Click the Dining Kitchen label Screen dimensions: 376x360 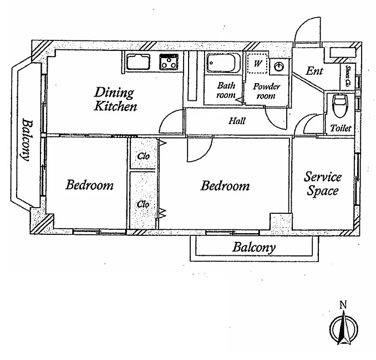coord(115,99)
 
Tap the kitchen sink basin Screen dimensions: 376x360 coord(138,62)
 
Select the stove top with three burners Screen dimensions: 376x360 coord(169,62)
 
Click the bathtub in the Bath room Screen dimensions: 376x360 coord(223,63)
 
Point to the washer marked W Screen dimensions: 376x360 coord(257,64)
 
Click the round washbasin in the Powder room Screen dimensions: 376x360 coord(279,66)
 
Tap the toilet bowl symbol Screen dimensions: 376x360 coord(341,105)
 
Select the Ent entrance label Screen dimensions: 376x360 coord(314,71)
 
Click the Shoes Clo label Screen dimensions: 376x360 coord(348,76)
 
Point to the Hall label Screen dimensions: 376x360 coord(237,121)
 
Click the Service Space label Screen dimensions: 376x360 coord(323,184)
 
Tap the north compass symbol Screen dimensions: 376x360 coord(344,327)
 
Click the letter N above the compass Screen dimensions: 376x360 coord(343,305)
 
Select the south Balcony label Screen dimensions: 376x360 coord(254,248)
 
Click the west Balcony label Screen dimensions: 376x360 coord(26,140)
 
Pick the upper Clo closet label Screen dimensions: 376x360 coord(144,156)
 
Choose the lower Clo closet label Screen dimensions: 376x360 coord(143,204)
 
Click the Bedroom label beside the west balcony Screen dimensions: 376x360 coord(89,185)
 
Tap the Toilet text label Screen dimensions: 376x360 coord(341,128)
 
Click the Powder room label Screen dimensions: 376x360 coord(266,91)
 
